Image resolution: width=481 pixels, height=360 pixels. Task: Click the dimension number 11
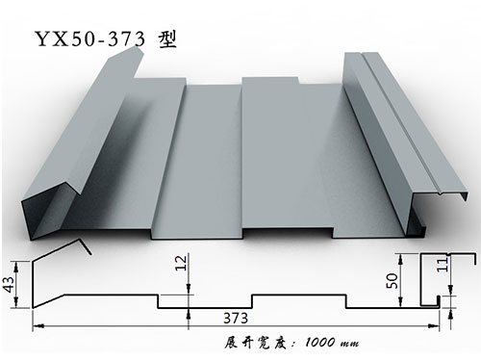466,270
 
